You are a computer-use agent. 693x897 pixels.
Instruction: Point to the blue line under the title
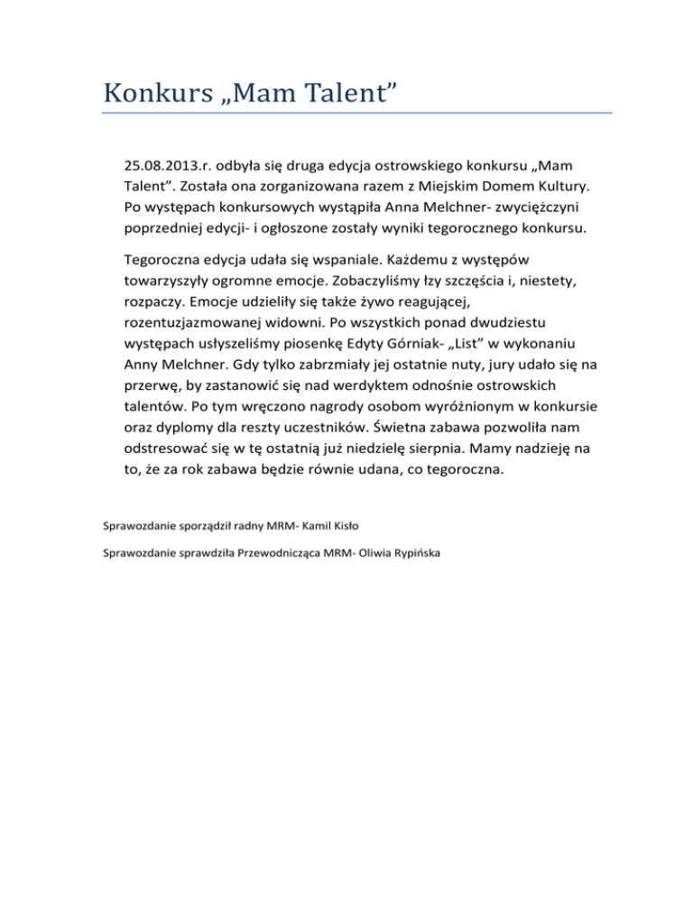point(356,114)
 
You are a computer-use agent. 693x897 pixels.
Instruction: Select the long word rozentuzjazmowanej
point(200,321)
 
